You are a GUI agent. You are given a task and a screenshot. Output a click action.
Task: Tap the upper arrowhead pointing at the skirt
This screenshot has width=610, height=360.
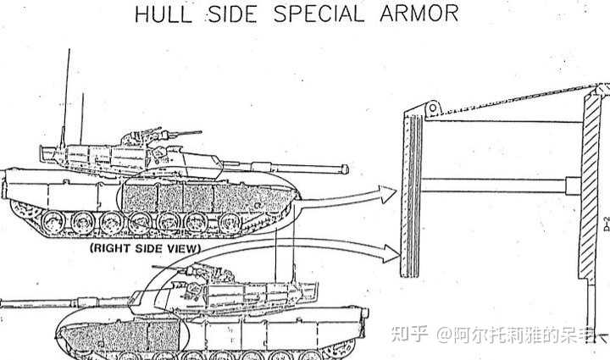point(389,196)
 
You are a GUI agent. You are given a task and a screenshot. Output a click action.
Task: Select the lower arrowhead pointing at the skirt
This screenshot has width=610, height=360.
point(389,250)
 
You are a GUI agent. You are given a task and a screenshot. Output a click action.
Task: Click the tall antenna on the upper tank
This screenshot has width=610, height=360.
point(66,93)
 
